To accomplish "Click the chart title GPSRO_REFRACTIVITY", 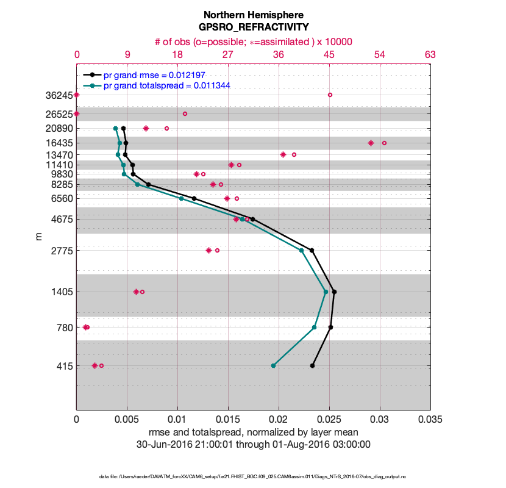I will click(253, 27).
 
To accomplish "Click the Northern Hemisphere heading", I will click(253, 15).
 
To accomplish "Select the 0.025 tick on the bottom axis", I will click(329, 420).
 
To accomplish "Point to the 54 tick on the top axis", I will click(379, 55).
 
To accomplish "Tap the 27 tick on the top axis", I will click(228, 55).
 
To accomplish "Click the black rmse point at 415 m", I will click(312, 365).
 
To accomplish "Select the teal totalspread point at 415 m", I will click(273, 365).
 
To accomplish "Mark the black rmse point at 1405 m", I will click(334, 292).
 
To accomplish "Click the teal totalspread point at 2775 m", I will click(301, 250).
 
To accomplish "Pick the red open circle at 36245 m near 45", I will click(330, 95).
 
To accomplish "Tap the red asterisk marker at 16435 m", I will click(371, 143).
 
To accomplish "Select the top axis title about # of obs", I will click(253, 41).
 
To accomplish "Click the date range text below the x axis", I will click(253, 444).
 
